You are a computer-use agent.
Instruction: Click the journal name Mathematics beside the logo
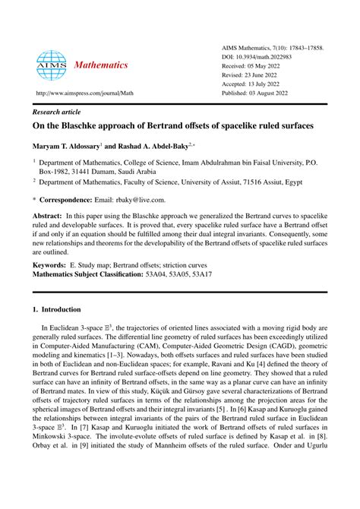pos(101,65)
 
